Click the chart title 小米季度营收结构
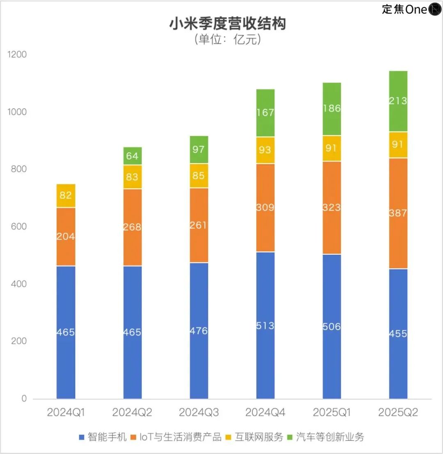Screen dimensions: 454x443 (227, 23)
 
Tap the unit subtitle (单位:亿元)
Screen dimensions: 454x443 (227, 40)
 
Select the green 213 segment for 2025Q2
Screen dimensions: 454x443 (398, 101)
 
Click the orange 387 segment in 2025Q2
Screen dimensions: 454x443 (398, 213)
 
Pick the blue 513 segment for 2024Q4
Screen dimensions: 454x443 (265, 325)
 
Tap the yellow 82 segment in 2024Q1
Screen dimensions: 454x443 (66, 196)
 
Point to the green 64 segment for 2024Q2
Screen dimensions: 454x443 (132, 156)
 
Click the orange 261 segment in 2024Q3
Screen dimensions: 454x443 (199, 225)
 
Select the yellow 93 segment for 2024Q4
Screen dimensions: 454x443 (265, 150)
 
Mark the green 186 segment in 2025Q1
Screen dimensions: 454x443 (331, 109)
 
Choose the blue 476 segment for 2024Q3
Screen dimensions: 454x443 (199, 331)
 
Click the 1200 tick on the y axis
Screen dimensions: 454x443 (18, 54)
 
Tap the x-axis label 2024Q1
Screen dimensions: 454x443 (66, 412)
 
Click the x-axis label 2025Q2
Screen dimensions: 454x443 (398, 412)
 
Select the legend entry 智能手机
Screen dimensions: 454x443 (103, 437)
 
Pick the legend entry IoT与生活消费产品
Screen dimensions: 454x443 (177, 437)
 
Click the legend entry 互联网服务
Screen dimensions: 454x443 (254, 437)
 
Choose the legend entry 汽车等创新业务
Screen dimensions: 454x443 (326, 437)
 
